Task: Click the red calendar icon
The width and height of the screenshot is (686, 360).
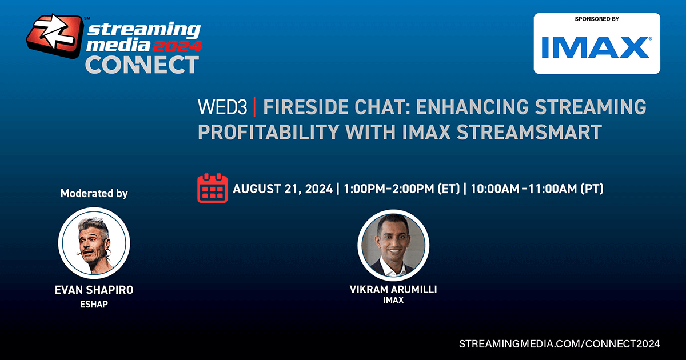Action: pyautogui.click(x=212, y=188)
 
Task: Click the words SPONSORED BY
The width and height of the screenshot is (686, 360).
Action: pyautogui.click(x=597, y=19)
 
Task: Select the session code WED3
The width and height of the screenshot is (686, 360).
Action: pyautogui.click(x=222, y=107)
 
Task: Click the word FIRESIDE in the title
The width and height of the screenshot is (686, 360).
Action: pyautogui.click(x=307, y=107)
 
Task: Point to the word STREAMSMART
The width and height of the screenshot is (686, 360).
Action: pyautogui.click(x=529, y=132)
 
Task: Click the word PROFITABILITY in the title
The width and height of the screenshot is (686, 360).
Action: pyautogui.click(x=268, y=132)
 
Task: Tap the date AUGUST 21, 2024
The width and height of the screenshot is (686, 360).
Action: pyautogui.click(x=282, y=189)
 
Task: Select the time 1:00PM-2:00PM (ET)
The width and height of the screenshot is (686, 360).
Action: pyautogui.click(x=401, y=189)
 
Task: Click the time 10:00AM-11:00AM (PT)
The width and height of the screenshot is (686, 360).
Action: pyautogui.click(x=537, y=189)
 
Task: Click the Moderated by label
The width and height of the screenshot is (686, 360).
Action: pyautogui.click(x=94, y=194)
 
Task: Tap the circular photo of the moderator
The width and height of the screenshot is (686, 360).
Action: pyautogui.click(x=94, y=243)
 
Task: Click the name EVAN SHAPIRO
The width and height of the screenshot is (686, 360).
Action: pyautogui.click(x=94, y=290)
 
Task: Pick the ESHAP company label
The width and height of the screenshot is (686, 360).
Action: pyautogui.click(x=94, y=304)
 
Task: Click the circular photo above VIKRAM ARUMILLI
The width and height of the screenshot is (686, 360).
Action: pyautogui.click(x=393, y=245)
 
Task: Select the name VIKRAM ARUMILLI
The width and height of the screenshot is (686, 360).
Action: pyautogui.click(x=393, y=289)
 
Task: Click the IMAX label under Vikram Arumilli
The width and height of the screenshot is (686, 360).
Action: pyautogui.click(x=393, y=300)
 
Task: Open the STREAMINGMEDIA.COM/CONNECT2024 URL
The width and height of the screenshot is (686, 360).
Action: pyautogui.click(x=559, y=344)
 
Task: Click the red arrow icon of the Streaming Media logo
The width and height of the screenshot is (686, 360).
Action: pyautogui.click(x=55, y=36)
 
